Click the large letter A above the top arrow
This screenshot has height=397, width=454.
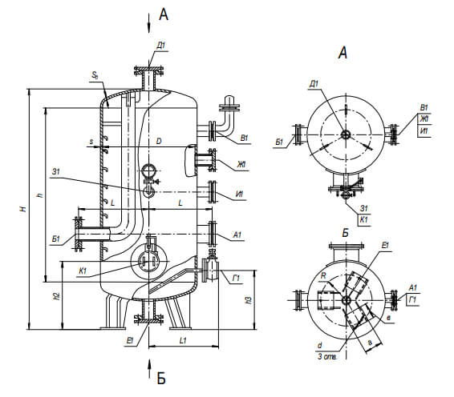[164, 14]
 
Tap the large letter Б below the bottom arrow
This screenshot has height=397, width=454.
[161, 378]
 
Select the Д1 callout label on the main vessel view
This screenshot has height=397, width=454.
[161, 46]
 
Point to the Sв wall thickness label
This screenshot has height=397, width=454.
[95, 75]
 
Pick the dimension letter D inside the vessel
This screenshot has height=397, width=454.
[159, 141]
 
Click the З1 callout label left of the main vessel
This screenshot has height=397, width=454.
[55, 171]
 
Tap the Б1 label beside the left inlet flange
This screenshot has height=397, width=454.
[55, 239]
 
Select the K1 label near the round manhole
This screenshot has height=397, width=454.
[83, 271]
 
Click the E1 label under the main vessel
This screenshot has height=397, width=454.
[130, 341]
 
